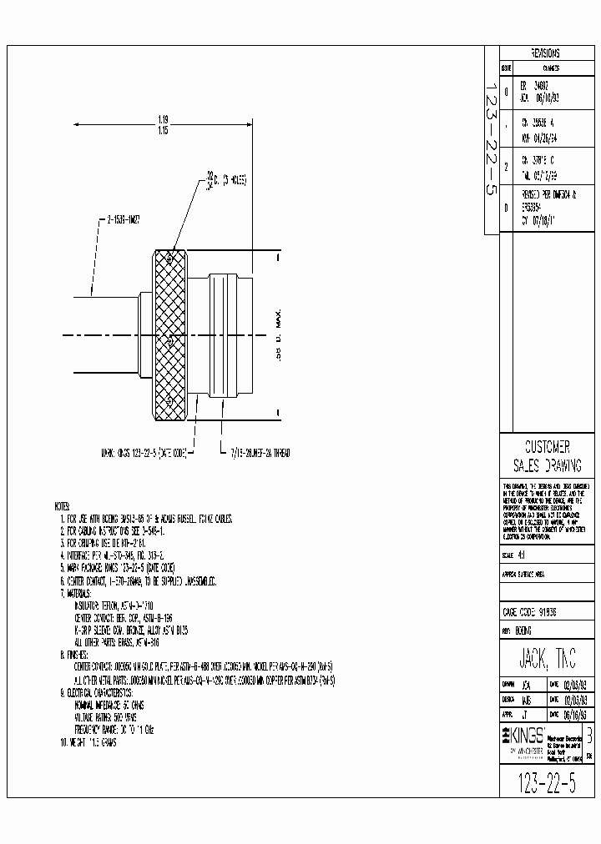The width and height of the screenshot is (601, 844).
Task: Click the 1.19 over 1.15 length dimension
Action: point(162,125)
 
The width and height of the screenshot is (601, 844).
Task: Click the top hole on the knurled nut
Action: point(170,261)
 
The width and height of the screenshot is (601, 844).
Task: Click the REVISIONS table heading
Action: point(545,53)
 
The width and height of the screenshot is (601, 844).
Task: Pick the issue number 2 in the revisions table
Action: point(506,165)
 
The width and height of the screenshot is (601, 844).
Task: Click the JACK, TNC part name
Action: point(547,655)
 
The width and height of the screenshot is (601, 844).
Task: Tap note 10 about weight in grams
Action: point(88,742)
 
